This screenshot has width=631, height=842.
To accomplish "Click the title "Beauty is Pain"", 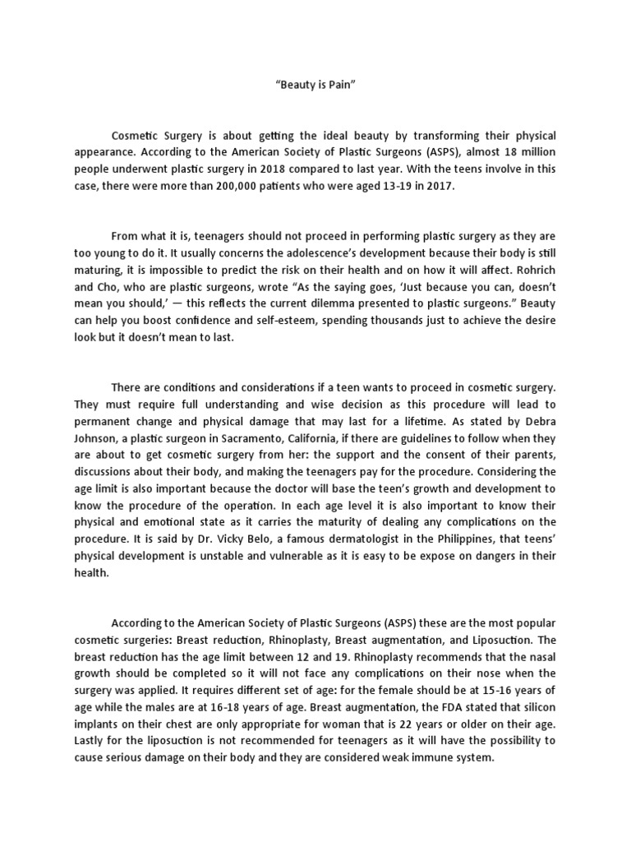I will tap(315, 84).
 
